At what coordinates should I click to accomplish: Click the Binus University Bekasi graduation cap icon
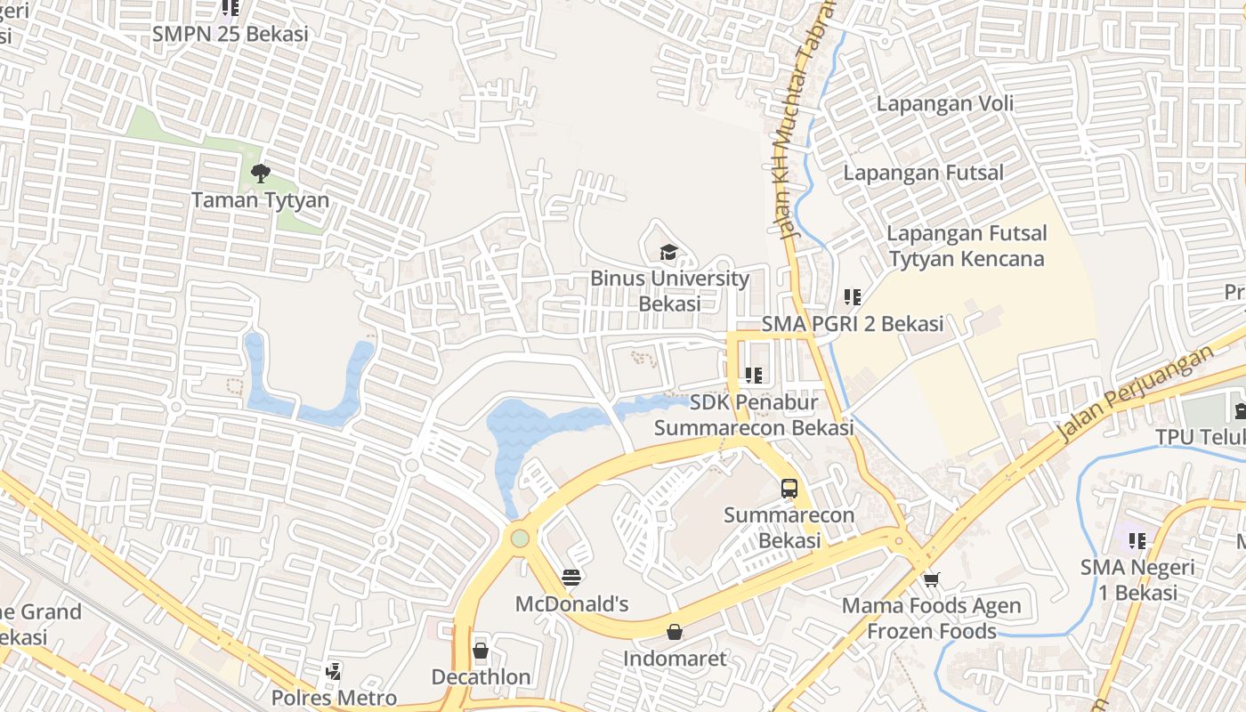point(668,253)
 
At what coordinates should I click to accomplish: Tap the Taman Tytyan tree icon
point(260,174)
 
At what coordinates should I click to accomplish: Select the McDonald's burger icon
point(571,578)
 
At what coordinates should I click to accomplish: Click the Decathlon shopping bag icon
point(481,651)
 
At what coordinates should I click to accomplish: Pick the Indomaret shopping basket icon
point(675,632)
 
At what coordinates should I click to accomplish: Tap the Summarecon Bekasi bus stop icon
point(789,488)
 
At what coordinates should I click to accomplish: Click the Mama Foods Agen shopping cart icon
point(931,580)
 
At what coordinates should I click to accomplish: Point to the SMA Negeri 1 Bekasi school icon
point(1137,540)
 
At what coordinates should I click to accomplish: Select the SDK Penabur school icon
point(754,376)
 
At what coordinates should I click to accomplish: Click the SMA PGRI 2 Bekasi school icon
point(852,297)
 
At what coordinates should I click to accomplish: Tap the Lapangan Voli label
point(944,103)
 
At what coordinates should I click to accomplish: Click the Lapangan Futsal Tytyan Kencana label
point(967,247)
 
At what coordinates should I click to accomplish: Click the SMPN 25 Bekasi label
point(230,34)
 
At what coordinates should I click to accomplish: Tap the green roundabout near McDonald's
point(520,538)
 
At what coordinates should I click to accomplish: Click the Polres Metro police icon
point(334,672)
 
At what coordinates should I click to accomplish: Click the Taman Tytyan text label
point(260,200)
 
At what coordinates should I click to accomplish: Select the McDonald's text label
point(571,604)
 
